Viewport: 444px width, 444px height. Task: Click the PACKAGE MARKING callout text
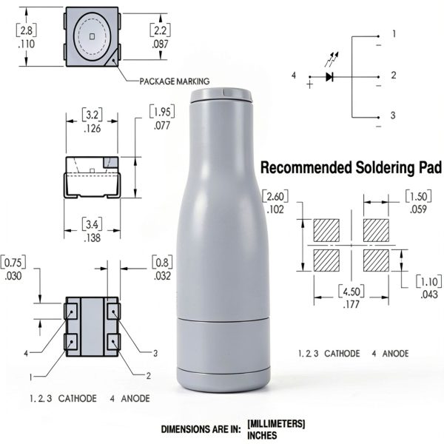click(175, 81)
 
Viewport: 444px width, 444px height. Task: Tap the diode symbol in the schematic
click(329, 77)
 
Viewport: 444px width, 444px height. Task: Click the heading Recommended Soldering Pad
click(351, 167)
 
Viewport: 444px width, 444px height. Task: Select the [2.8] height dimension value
click(27, 30)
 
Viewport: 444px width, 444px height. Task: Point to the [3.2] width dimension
click(92, 115)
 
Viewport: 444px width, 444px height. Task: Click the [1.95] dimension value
click(162, 112)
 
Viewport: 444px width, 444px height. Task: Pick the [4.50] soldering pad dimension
click(351, 291)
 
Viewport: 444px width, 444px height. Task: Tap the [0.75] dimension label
click(13, 262)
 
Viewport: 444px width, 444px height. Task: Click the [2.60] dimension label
click(275, 196)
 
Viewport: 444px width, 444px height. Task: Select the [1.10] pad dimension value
click(429, 281)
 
